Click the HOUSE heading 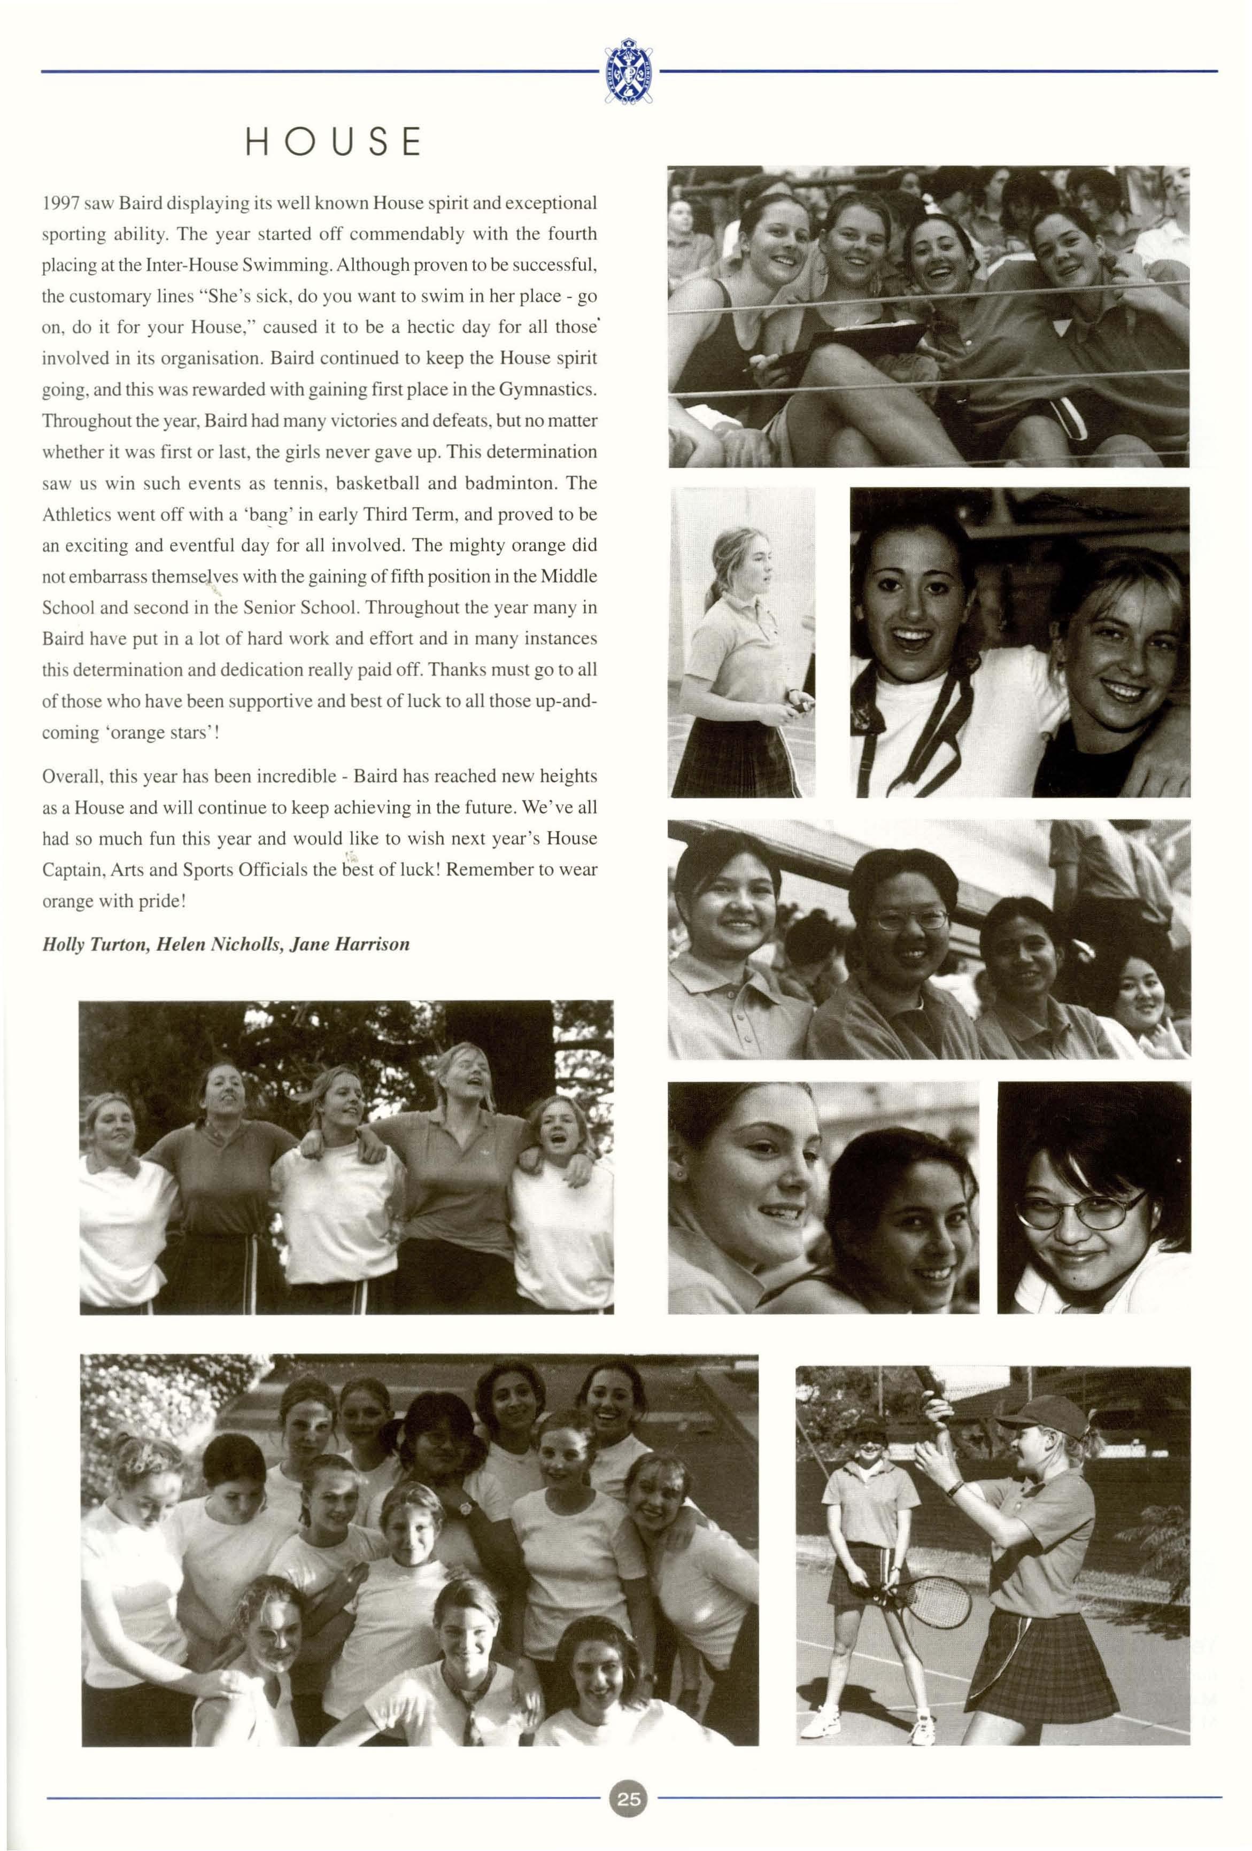(333, 142)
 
